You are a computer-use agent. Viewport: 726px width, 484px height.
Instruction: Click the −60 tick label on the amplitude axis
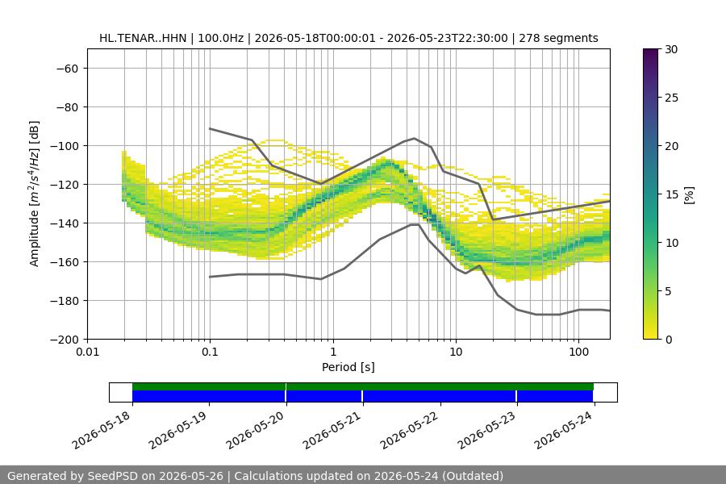click(67, 69)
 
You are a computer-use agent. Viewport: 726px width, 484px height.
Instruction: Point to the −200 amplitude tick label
click(65, 340)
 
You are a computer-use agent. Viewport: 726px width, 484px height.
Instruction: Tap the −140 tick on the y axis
click(65, 223)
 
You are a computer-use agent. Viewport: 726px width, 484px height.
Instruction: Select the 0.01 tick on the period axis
click(87, 352)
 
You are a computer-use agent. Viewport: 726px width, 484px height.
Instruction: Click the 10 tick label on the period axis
click(456, 352)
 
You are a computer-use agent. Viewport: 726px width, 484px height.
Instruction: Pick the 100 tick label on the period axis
click(578, 352)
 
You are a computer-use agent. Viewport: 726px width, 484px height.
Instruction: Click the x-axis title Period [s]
click(348, 367)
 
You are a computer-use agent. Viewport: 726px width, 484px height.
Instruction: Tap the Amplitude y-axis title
click(34, 194)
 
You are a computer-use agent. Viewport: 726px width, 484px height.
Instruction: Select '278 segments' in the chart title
click(558, 38)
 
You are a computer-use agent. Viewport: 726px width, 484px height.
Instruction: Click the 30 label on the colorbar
click(671, 49)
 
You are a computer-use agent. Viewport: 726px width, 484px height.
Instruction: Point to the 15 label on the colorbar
click(671, 194)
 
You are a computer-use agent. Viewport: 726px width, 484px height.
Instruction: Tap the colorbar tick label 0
click(668, 340)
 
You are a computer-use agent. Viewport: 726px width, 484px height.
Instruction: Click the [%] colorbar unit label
click(690, 195)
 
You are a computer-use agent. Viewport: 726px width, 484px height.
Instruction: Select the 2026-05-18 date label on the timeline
click(102, 431)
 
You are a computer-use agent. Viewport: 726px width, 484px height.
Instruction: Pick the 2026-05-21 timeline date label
click(332, 431)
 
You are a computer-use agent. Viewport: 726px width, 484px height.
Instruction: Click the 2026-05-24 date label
click(564, 431)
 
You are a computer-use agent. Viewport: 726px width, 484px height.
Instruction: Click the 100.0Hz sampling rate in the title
click(220, 38)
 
